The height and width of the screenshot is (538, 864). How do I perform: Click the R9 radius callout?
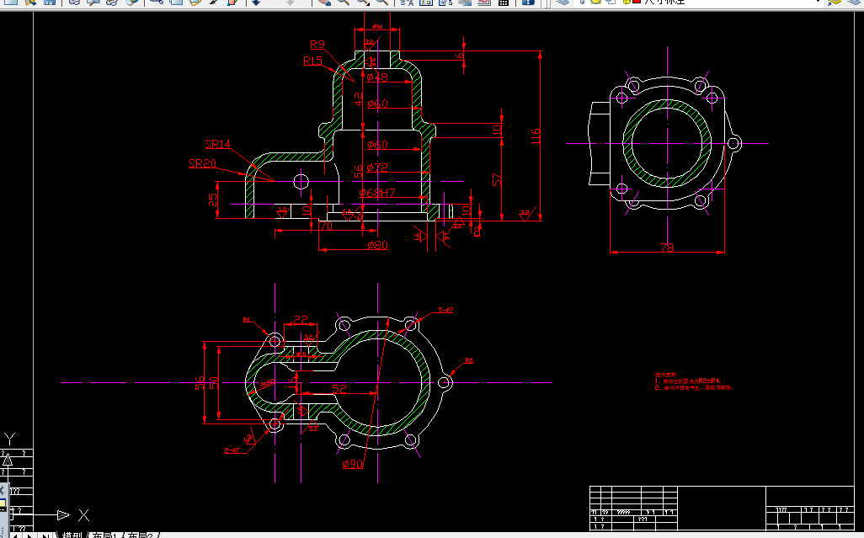317,45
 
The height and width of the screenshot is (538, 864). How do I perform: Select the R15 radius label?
313,61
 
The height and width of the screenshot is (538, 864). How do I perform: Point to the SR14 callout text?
217,145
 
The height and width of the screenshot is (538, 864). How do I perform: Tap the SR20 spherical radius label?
202,163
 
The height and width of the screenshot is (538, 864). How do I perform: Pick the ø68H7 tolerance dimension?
376,194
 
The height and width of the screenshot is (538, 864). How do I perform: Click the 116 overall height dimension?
536,136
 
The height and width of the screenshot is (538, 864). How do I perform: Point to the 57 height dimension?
498,178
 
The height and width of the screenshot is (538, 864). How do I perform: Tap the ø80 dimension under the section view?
377,245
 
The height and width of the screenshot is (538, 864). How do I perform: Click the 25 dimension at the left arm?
213,200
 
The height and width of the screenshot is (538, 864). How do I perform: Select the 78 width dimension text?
666,248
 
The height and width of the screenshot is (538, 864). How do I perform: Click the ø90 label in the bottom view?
352,464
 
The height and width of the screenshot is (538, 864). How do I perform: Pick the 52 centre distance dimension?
339,389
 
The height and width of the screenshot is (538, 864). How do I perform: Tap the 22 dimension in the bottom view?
300,321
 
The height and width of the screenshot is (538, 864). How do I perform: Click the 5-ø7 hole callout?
445,311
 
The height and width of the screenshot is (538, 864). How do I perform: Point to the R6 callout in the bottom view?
469,361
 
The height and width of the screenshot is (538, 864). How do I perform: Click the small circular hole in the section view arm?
301,181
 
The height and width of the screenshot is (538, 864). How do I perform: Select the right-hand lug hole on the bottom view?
445,383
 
